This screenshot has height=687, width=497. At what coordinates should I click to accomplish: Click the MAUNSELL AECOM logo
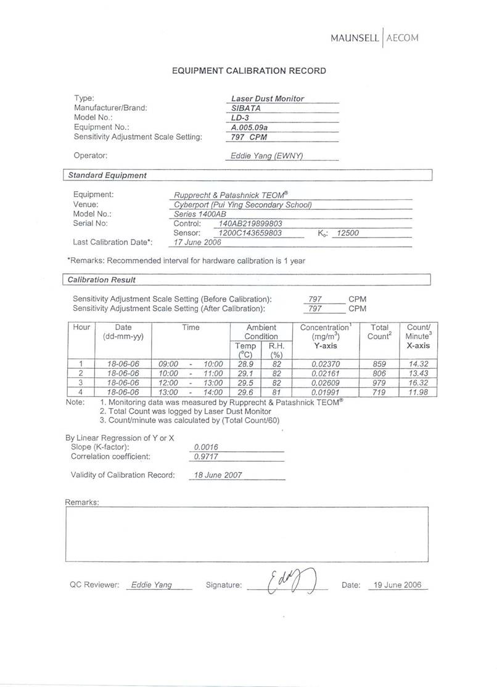tap(374, 38)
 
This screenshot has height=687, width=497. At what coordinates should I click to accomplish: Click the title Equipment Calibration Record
tap(248, 71)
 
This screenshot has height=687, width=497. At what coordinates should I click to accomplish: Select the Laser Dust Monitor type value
tap(267, 98)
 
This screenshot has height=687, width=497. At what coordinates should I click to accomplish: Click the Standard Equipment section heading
tap(107, 175)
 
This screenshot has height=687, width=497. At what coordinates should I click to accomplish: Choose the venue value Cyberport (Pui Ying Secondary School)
tap(243, 204)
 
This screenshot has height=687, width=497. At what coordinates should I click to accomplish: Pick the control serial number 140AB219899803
tap(250, 223)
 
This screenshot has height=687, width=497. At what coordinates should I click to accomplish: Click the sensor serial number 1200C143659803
tap(250, 233)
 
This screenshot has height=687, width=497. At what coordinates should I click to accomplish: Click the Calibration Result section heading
tap(102, 279)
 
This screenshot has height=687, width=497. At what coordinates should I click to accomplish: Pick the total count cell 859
tap(379, 364)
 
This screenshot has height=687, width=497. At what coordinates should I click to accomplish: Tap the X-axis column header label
tap(417, 346)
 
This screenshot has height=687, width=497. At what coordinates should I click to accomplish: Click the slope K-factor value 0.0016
tap(206, 447)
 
